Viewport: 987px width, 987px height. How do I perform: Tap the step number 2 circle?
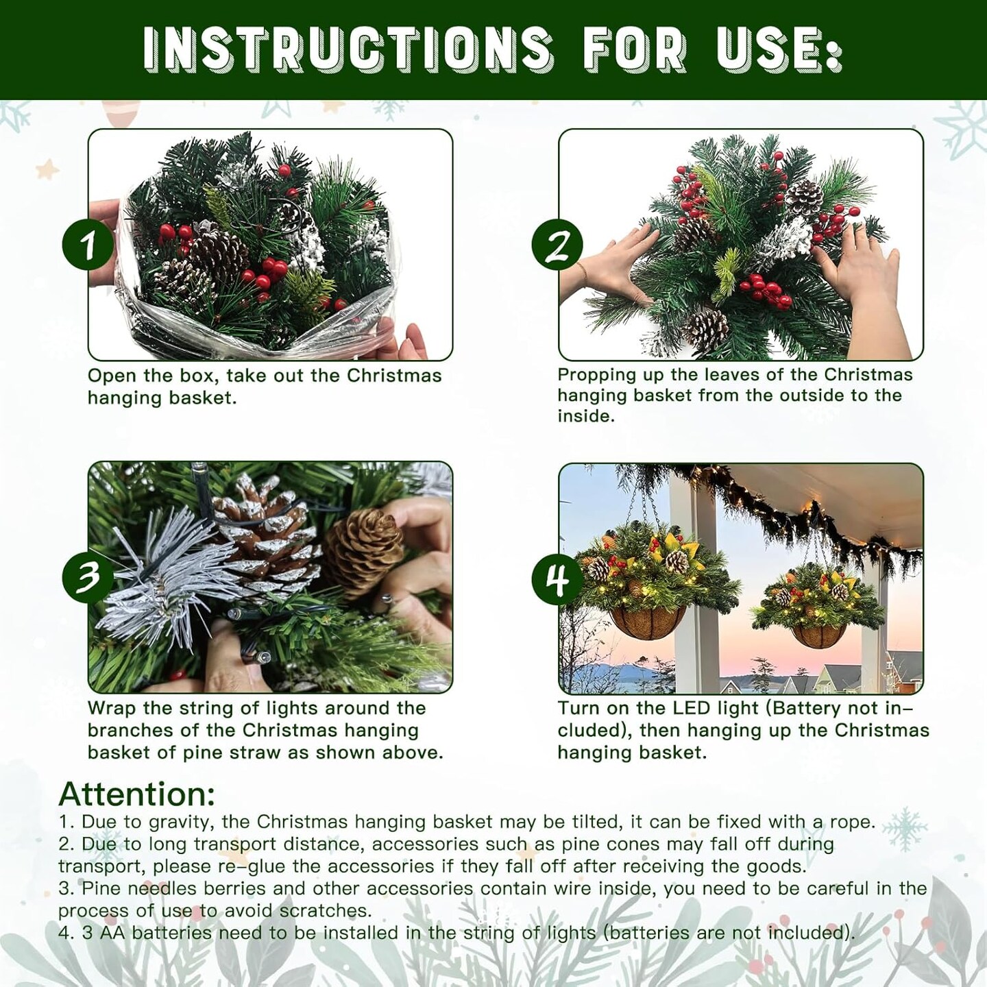[558, 245]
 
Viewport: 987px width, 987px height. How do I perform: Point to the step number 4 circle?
[558, 580]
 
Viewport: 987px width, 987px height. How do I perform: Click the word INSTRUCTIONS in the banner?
[347, 49]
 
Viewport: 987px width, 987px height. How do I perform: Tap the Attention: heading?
[137, 794]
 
